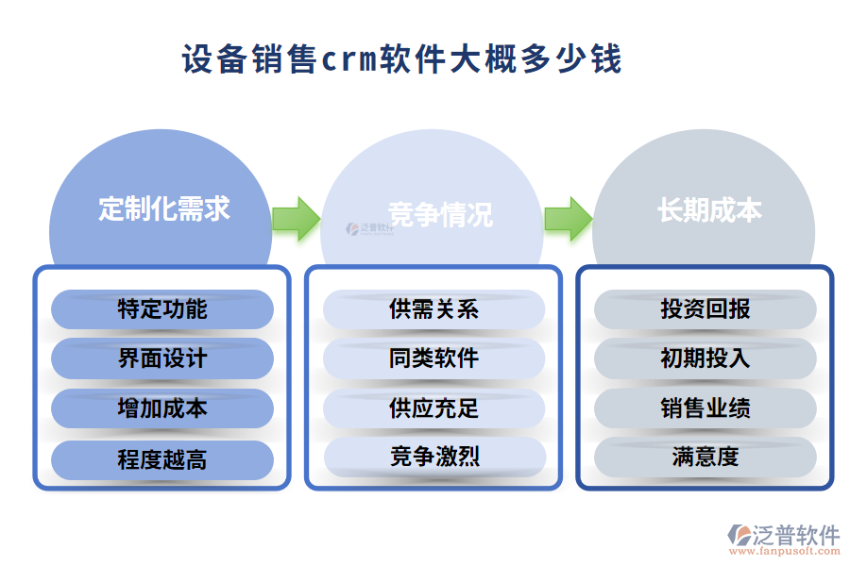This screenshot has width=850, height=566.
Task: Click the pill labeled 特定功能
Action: pos(161,309)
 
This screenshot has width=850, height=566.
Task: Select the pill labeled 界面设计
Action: pos(161,359)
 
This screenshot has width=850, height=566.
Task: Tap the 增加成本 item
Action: pos(161,409)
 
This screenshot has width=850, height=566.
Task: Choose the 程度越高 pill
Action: pos(161,459)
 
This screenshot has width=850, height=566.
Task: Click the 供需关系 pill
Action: pos(433,309)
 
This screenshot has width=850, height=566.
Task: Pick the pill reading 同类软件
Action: pos(433,359)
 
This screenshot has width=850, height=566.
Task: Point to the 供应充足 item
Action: pos(433,409)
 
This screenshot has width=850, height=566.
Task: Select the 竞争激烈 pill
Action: pos(433,458)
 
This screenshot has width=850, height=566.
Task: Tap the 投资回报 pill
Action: pos(705,309)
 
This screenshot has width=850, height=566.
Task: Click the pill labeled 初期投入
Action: pos(705,359)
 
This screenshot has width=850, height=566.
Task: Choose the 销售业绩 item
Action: pos(705,409)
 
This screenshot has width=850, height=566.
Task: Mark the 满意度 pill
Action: pos(705,458)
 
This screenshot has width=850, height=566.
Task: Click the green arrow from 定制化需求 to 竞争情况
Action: pos(296,219)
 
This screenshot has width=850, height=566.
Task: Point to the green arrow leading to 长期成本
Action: pos(568,219)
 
